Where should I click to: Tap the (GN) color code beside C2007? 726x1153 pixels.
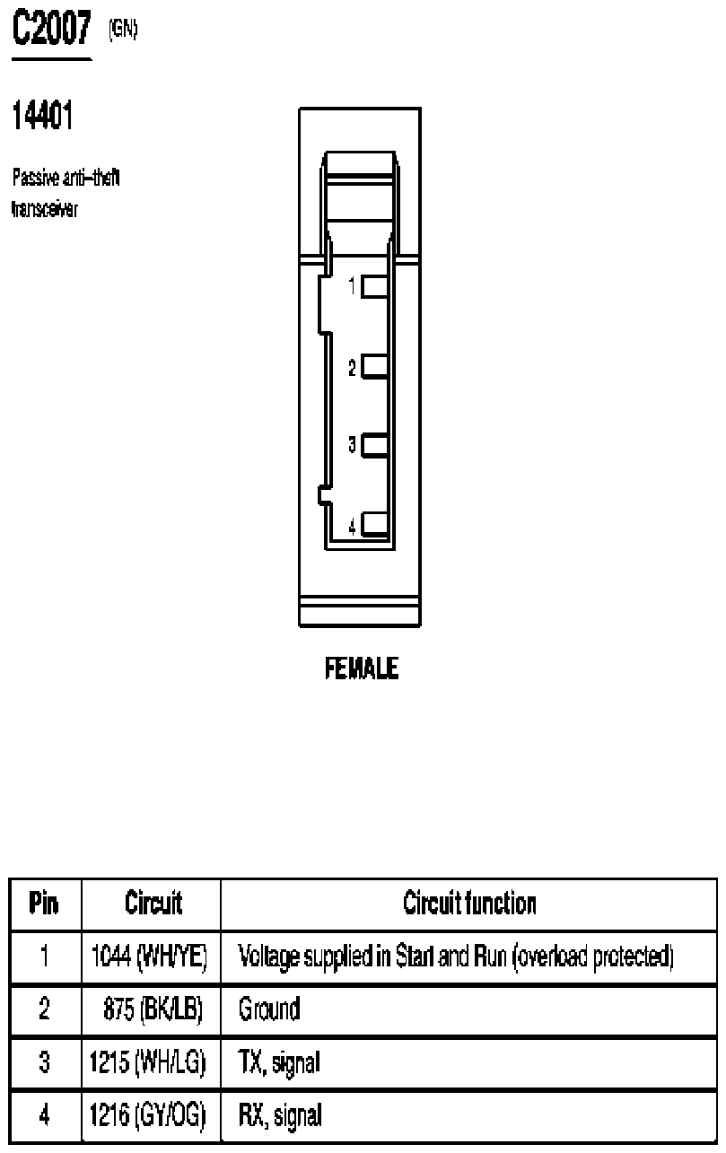pyautogui.click(x=123, y=29)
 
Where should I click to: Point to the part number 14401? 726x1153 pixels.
pyautogui.click(x=42, y=115)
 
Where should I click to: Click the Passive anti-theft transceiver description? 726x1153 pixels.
pyautogui.click(x=66, y=193)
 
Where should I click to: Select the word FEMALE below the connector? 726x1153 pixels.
pyautogui.click(x=362, y=668)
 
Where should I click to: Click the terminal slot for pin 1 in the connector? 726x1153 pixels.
pyautogui.click(x=375, y=287)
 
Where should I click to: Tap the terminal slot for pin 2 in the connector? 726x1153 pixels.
pyautogui.click(x=375, y=367)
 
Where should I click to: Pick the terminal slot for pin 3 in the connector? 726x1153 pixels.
pyautogui.click(x=375, y=445)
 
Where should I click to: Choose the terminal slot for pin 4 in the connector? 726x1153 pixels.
pyautogui.click(x=375, y=524)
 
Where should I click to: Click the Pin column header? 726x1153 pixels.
pyautogui.click(x=44, y=903)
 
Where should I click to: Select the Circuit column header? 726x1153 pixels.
pyautogui.click(x=153, y=903)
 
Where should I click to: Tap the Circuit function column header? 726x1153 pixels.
pyautogui.click(x=469, y=903)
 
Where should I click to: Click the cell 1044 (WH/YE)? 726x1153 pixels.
pyautogui.click(x=149, y=956)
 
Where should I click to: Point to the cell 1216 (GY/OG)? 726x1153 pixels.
pyautogui.click(x=148, y=1115)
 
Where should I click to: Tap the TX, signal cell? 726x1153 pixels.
pyautogui.click(x=279, y=1062)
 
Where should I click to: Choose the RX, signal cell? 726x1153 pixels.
pyautogui.click(x=280, y=1116)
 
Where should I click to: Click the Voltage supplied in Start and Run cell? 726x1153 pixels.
pyautogui.click(x=456, y=957)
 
